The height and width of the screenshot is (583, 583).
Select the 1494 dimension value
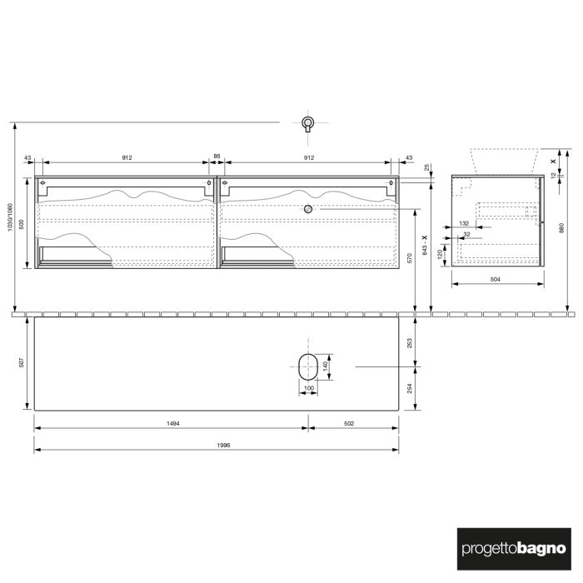172,424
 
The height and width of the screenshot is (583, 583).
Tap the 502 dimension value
349,424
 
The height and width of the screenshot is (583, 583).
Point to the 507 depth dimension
22,362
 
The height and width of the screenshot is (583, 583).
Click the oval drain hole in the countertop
308,366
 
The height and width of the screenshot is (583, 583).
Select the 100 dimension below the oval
308,389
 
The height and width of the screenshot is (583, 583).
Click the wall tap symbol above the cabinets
308,124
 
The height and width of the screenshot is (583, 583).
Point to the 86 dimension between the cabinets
217,157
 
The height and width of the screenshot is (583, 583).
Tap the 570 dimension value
409,258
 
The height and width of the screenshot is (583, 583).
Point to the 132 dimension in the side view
464,223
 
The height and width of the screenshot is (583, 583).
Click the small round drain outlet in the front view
308,209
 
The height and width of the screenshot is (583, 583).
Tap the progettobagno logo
513,549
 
